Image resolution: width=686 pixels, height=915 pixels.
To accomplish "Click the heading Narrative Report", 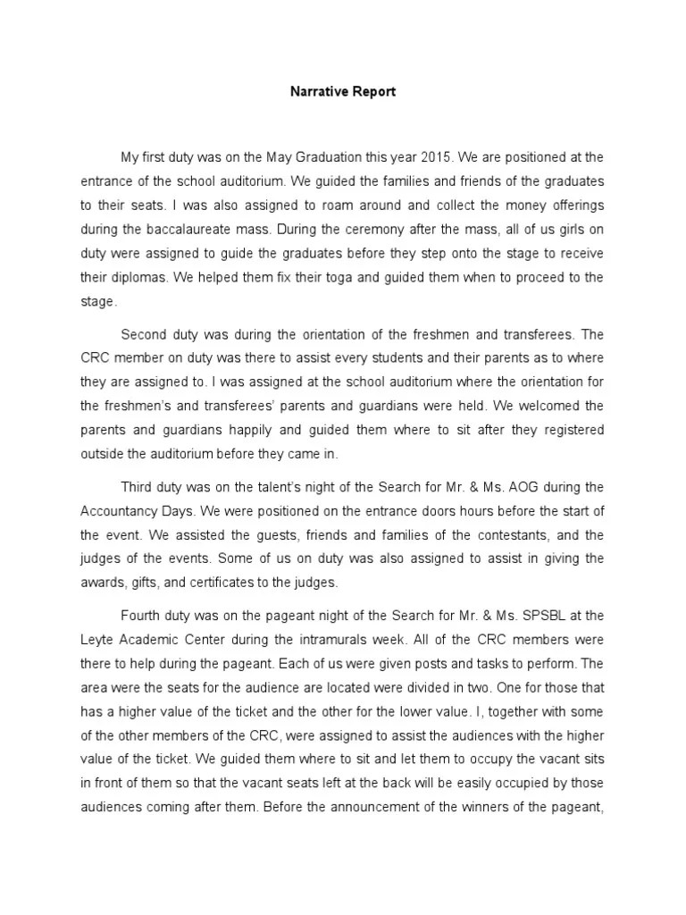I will tap(342, 91).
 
